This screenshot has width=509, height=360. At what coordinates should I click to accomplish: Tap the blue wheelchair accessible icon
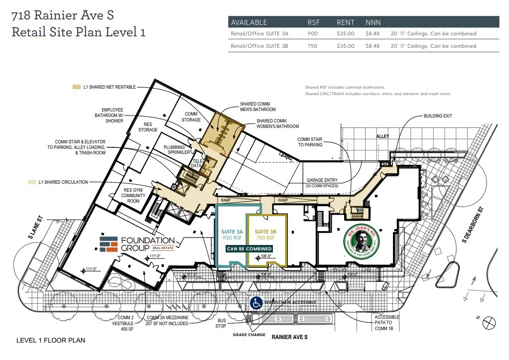(256, 302)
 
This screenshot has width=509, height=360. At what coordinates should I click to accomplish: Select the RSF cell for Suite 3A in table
(312, 34)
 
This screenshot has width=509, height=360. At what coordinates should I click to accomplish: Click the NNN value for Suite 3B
(372, 46)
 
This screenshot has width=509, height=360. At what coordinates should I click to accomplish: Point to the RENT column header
(345, 22)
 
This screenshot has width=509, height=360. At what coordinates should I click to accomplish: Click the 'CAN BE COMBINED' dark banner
(250, 248)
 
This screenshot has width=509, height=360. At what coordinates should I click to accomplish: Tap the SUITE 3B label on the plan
(265, 232)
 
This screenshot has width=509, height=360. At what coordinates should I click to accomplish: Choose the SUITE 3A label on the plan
(232, 232)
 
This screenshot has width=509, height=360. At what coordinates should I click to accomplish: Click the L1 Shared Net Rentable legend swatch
(76, 87)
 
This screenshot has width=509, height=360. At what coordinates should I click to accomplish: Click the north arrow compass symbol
(490, 322)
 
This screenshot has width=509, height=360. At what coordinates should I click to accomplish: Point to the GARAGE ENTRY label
(322, 180)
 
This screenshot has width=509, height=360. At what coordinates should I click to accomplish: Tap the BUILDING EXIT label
(438, 116)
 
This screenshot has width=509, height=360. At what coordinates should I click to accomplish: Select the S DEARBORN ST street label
(472, 225)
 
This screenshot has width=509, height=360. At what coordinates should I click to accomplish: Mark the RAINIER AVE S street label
(289, 338)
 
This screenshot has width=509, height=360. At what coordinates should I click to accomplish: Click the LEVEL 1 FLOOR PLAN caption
(51, 341)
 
